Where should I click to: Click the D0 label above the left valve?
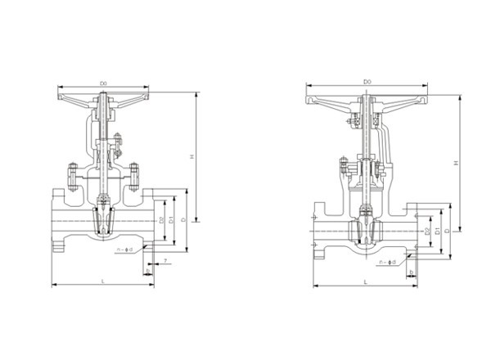pyautogui.click(x=104, y=83)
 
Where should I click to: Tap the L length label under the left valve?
pyautogui.click(x=103, y=281)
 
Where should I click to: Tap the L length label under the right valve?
pyautogui.click(x=365, y=281)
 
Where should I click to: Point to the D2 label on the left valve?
pyautogui.click(x=162, y=221)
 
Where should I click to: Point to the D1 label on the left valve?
pyautogui.click(x=172, y=221)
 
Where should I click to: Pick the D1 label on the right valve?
pyautogui.click(x=438, y=232)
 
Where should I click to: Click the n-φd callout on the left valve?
pyautogui.click(x=125, y=249)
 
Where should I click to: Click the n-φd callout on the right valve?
pyautogui.click(x=389, y=262)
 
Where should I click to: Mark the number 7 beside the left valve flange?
pyautogui.click(x=166, y=260)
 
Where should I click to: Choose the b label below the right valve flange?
pyautogui.click(x=412, y=272)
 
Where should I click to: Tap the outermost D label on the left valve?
pyautogui.click(x=183, y=221)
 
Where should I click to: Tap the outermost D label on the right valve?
pyautogui.click(x=447, y=232)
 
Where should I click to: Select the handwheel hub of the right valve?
pyautogui.click(x=366, y=101)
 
